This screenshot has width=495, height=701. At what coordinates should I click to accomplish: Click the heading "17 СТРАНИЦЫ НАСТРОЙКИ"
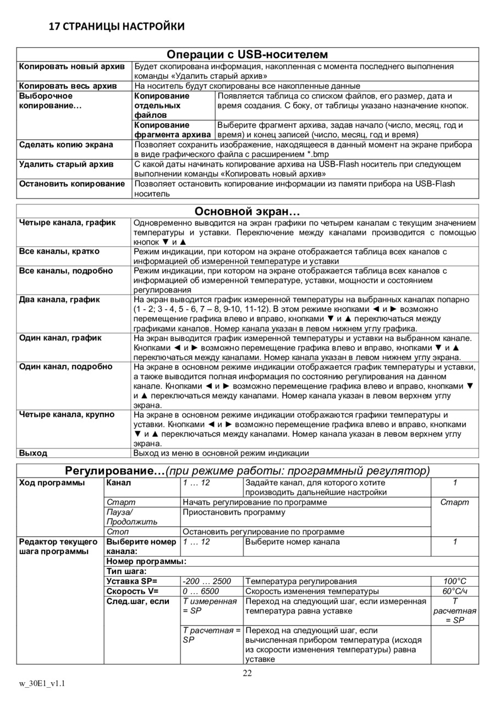pos(117,26)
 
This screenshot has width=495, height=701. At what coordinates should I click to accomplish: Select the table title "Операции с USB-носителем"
pos(248,54)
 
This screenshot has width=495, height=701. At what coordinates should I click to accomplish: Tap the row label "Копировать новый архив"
pos(72,67)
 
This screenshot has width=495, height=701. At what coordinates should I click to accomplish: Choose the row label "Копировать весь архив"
pos(68,86)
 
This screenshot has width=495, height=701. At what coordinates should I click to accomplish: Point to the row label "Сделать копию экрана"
pos(66,145)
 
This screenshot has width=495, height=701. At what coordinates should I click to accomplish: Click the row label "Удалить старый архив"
pos(66,164)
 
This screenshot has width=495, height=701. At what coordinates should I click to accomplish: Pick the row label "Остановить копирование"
pos(72,184)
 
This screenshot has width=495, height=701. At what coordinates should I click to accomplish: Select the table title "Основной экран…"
pos(248,211)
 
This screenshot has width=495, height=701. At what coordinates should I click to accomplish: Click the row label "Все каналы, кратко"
pos(59,251)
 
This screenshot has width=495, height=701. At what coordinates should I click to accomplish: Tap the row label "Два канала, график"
pos(59,299)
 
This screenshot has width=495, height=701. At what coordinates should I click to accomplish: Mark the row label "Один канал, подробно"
pos(66,366)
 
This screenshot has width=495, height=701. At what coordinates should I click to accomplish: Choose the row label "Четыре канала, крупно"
pos(67,414)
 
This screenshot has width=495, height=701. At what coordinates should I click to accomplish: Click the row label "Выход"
pos(33,453)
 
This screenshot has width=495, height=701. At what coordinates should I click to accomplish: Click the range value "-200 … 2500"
pos(207,581)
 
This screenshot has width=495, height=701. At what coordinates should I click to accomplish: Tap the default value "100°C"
pos(455,581)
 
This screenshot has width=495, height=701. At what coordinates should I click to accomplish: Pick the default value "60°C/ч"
pos(455,591)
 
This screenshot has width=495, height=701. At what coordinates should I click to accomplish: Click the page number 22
pos(248,675)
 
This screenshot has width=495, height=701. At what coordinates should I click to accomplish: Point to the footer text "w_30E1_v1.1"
pos(43,683)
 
